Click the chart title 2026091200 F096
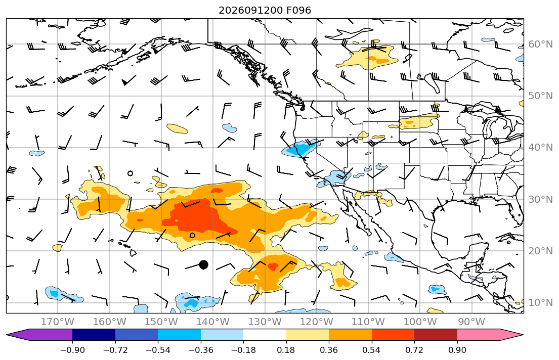[x=265, y=10]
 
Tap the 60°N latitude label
[x=540, y=44]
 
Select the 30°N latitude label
[x=540, y=199]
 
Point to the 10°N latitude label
[x=540, y=303]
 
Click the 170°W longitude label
[x=58, y=322]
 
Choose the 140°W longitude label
[x=213, y=322]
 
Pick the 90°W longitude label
[x=471, y=322]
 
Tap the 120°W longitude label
[x=317, y=322]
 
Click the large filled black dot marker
[x=203, y=264]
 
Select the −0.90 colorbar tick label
[x=72, y=350]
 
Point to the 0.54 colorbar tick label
[x=371, y=350]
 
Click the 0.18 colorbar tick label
[x=286, y=350]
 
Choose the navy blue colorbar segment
[x=94, y=335]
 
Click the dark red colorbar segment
[x=436, y=335]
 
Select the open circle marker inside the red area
[x=193, y=235]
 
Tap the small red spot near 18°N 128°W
[x=273, y=266]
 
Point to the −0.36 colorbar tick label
[x=201, y=350]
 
